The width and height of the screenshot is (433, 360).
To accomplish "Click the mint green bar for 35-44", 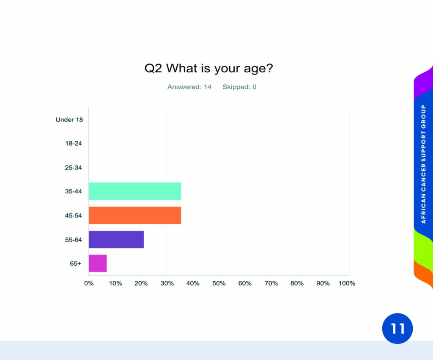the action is tap(135, 191).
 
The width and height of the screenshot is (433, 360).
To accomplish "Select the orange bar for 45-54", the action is tap(135, 215).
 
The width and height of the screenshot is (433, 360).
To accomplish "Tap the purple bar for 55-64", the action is tap(116, 239).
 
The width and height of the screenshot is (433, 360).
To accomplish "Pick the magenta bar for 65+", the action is tap(98, 263).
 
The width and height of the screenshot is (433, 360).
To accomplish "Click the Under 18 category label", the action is tap(69, 120).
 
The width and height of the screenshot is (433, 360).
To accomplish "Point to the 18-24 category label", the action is tap(74, 143).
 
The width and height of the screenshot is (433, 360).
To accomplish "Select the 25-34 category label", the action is tap(74, 168).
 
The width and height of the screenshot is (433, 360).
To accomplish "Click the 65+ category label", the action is tap(75, 263).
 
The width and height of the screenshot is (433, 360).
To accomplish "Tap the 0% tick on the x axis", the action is tap(89, 283).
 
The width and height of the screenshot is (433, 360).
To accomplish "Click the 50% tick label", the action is tap(219, 283).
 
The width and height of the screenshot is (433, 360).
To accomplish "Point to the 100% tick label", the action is tap(347, 283).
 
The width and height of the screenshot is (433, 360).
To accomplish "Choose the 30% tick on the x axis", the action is tap(167, 283).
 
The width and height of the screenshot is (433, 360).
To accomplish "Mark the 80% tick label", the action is tap(297, 283).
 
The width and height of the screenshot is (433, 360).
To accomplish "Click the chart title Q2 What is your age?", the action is tap(209, 68).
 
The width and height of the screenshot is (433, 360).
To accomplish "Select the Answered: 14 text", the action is tap(189, 87).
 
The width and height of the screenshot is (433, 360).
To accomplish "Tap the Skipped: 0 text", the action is tap(239, 87).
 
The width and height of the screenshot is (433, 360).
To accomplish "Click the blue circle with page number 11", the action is tap(397, 329).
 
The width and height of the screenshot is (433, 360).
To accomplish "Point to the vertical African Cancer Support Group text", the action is tap(423, 164).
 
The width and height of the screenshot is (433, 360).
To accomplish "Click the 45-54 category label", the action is tap(74, 215).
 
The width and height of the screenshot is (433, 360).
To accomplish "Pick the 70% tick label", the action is tap(271, 283).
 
